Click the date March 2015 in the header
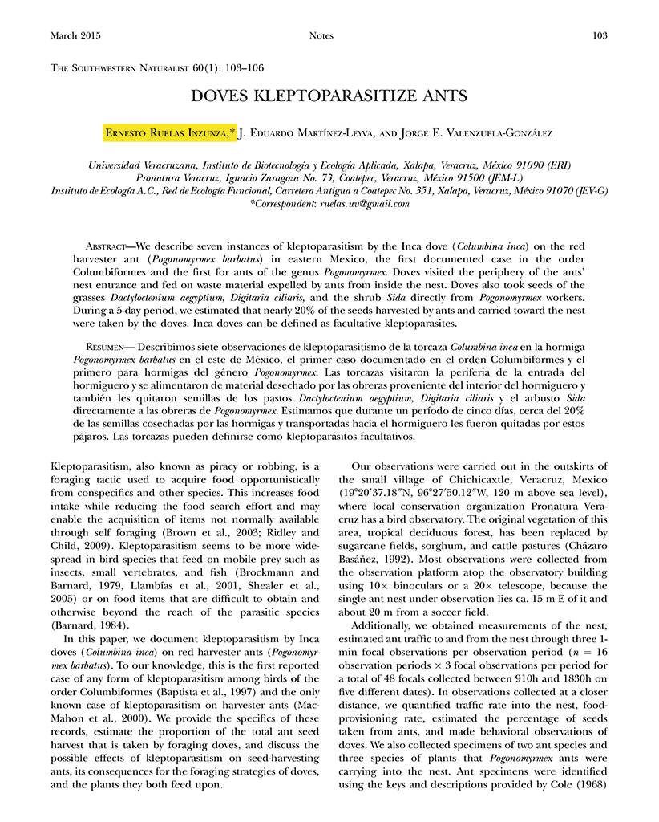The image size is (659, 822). coord(77,35)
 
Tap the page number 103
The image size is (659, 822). coord(599,35)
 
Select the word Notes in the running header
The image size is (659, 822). coord(321,35)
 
